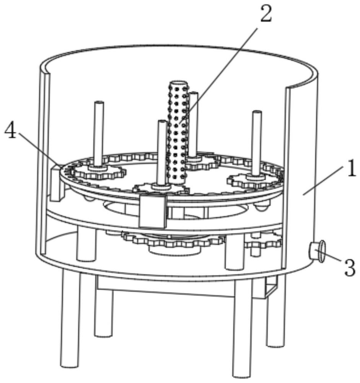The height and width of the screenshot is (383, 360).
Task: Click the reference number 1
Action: pyautogui.click(x=351, y=169)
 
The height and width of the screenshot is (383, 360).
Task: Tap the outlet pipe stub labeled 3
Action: pyautogui.click(x=317, y=251)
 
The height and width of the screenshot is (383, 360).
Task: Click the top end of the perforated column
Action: pyautogui.click(x=177, y=83)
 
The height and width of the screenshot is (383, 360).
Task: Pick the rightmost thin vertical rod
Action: pyautogui.click(x=257, y=142)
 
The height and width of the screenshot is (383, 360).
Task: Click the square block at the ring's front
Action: pyautogui.click(x=153, y=211)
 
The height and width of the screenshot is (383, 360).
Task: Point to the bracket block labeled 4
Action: pyautogui.click(x=56, y=182)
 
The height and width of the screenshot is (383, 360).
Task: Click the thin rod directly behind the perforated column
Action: pyautogui.click(x=193, y=123)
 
